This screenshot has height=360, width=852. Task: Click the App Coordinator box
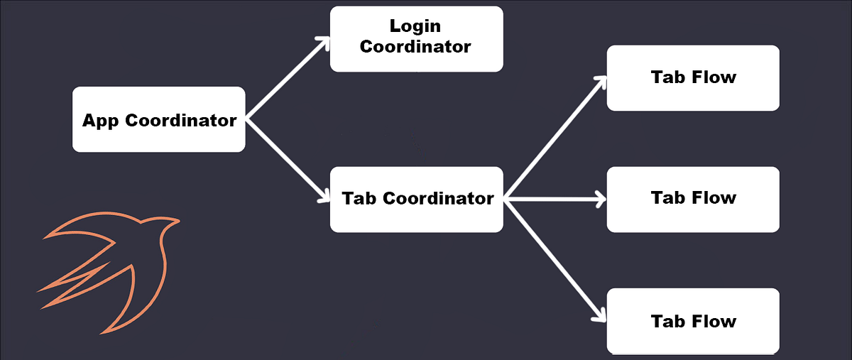[x=159, y=119]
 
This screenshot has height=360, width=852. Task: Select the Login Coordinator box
[x=416, y=38]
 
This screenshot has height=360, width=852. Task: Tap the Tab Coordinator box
[x=417, y=199]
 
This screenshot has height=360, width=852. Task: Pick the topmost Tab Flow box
[x=693, y=77]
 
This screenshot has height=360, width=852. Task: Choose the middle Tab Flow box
[x=693, y=199]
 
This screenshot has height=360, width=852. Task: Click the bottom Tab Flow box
[x=693, y=321]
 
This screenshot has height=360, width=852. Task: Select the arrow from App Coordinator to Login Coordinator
[x=288, y=78]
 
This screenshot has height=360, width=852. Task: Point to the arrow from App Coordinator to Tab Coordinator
[x=288, y=159]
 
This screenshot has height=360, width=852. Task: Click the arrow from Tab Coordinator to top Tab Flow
[x=555, y=138]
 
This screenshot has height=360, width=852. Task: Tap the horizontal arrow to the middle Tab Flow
[x=555, y=200]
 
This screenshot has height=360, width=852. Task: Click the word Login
[x=415, y=26]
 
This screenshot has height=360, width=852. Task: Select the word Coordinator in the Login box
[x=415, y=47]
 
